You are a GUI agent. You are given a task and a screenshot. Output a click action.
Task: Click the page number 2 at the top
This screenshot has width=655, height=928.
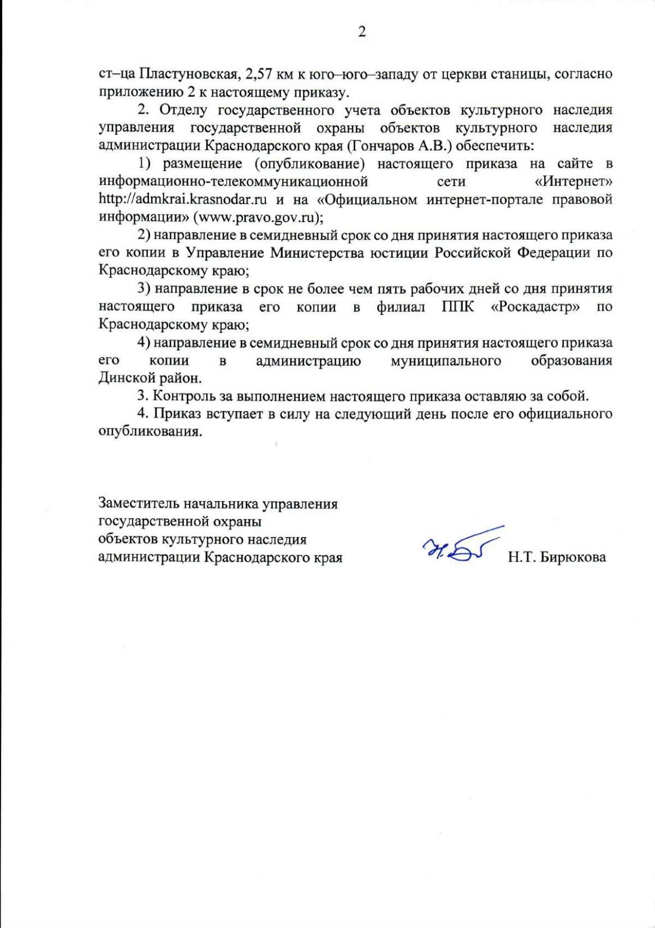[x=361, y=32]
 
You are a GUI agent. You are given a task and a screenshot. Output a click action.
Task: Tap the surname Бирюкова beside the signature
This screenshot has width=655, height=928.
[x=573, y=557]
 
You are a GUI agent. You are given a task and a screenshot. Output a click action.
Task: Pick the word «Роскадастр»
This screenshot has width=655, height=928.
[x=535, y=306]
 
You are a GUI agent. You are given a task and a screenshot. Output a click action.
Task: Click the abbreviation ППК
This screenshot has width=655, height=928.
[x=457, y=306]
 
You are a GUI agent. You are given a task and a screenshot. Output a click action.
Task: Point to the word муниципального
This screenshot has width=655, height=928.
[x=445, y=360]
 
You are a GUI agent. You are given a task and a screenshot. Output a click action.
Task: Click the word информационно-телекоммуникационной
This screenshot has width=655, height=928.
[x=233, y=181]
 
